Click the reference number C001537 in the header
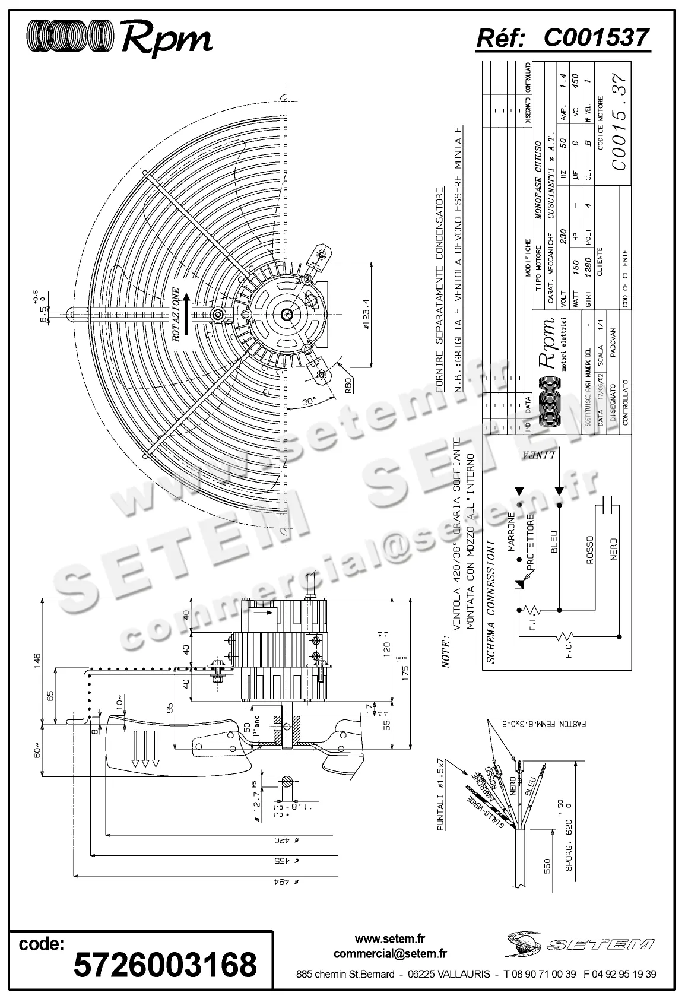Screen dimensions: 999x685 point(595,38)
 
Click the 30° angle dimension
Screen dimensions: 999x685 point(308,402)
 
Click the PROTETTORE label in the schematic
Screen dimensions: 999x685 point(531,540)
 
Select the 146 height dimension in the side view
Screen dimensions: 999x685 point(37,660)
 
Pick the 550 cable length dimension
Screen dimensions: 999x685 point(547,867)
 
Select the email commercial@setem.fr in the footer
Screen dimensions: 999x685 point(390,954)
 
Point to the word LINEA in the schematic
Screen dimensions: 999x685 point(540,456)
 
